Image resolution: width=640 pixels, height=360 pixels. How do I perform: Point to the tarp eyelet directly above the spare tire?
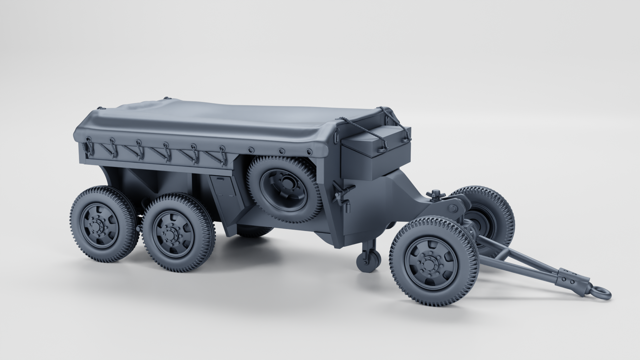click(282, 151)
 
